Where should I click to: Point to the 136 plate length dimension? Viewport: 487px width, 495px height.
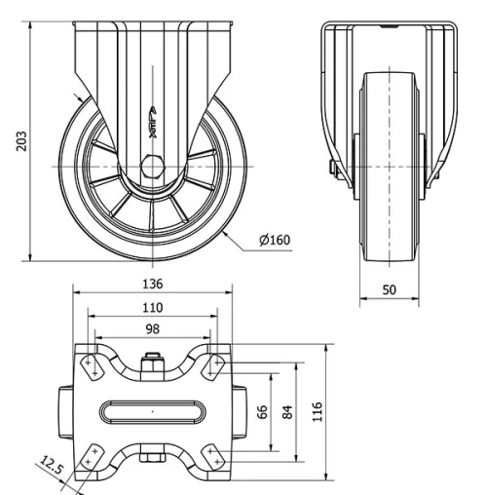pyautogui.click(x=152, y=285)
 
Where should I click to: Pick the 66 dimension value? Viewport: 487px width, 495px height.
pyautogui.click(x=262, y=410)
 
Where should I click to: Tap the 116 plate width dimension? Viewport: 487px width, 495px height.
pyautogui.click(x=315, y=410)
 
